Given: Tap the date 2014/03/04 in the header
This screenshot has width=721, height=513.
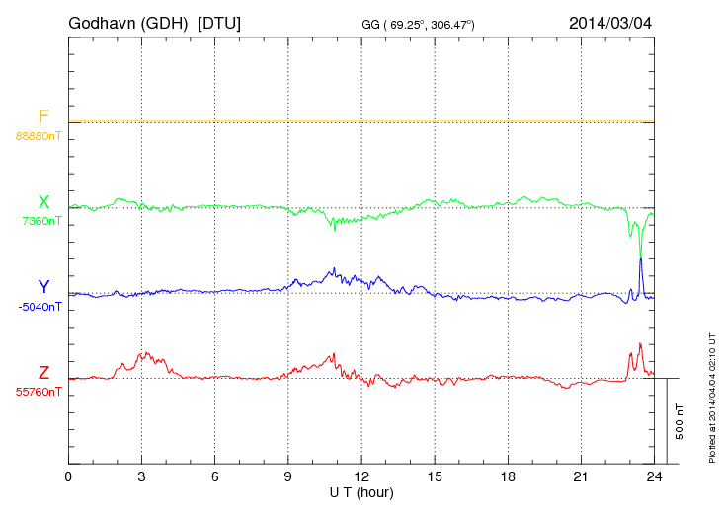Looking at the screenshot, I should point(610,22).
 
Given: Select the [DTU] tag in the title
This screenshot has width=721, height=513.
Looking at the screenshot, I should point(219,22).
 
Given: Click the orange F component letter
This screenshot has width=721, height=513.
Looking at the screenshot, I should point(43,116).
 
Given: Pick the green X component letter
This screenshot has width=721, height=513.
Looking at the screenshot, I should point(43,202).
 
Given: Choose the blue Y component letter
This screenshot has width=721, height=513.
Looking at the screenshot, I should point(43,287).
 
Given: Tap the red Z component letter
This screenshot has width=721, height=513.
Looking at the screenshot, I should point(43,372).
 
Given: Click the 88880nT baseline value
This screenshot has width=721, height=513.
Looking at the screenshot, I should point(39,136).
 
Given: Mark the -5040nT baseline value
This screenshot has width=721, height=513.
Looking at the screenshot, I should point(40,307).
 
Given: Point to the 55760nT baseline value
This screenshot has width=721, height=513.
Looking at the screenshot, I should point(39,392).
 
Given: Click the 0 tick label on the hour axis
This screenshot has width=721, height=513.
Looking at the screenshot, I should point(68,477).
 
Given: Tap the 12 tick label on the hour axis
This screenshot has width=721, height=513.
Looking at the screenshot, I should point(361,477).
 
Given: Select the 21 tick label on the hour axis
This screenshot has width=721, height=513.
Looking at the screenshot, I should point(581,477).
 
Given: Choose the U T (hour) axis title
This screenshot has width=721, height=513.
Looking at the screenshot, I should point(361,491).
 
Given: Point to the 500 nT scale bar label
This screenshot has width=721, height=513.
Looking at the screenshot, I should point(680,420).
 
